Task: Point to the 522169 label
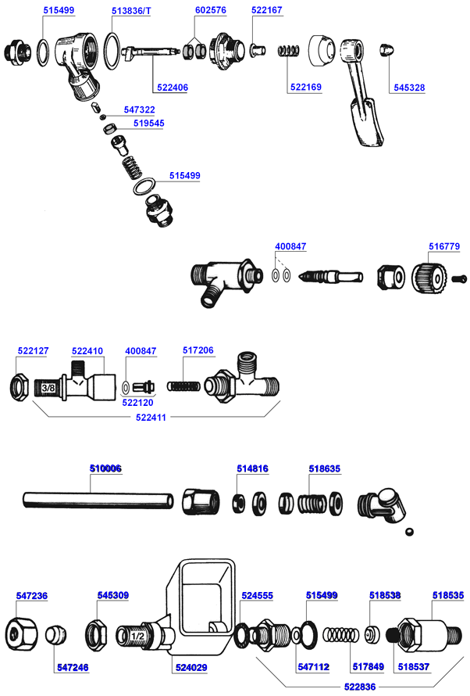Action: tap(305, 87)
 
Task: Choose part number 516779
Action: tap(443, 246)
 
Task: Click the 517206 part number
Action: tap(198, 351)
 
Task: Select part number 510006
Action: tap(105, 468)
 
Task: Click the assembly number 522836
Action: tap(358, 686)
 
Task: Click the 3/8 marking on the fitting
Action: tap(48, 387)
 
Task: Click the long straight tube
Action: tap(98, 499)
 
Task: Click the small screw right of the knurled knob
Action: tap(460, 277)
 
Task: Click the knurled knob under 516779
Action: tap(428, 278)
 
